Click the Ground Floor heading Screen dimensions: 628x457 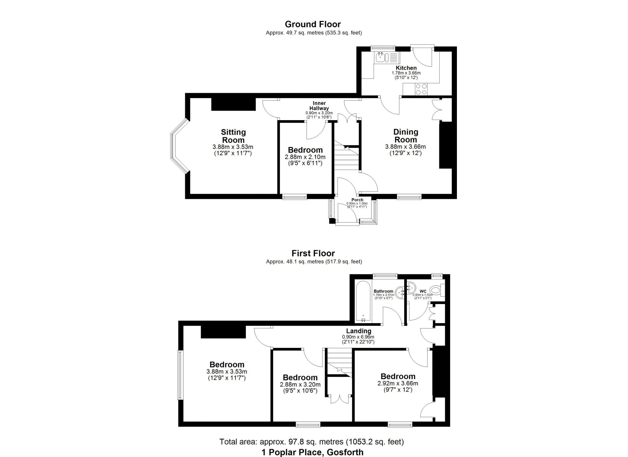tap(313, 24)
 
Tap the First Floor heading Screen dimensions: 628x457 tap(313, 253)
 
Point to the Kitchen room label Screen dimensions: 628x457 tap(406, 68)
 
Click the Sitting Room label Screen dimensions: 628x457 tap(233, 136)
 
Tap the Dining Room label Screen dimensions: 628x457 tap(406, 136)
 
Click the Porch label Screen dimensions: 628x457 tap(357, 200)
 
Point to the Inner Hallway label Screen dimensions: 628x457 tap(319, 106)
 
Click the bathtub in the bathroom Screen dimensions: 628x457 tap(363, 301)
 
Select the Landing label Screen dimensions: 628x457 tap(358, 331)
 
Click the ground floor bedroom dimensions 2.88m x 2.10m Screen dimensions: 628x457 tap(305, 157)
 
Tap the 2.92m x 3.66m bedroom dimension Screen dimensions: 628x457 tap(398, 383)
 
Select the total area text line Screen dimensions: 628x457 tap(312, 442)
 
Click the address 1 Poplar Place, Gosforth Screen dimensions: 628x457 tap(312, 452)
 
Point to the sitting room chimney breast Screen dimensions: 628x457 tap(233, 104)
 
